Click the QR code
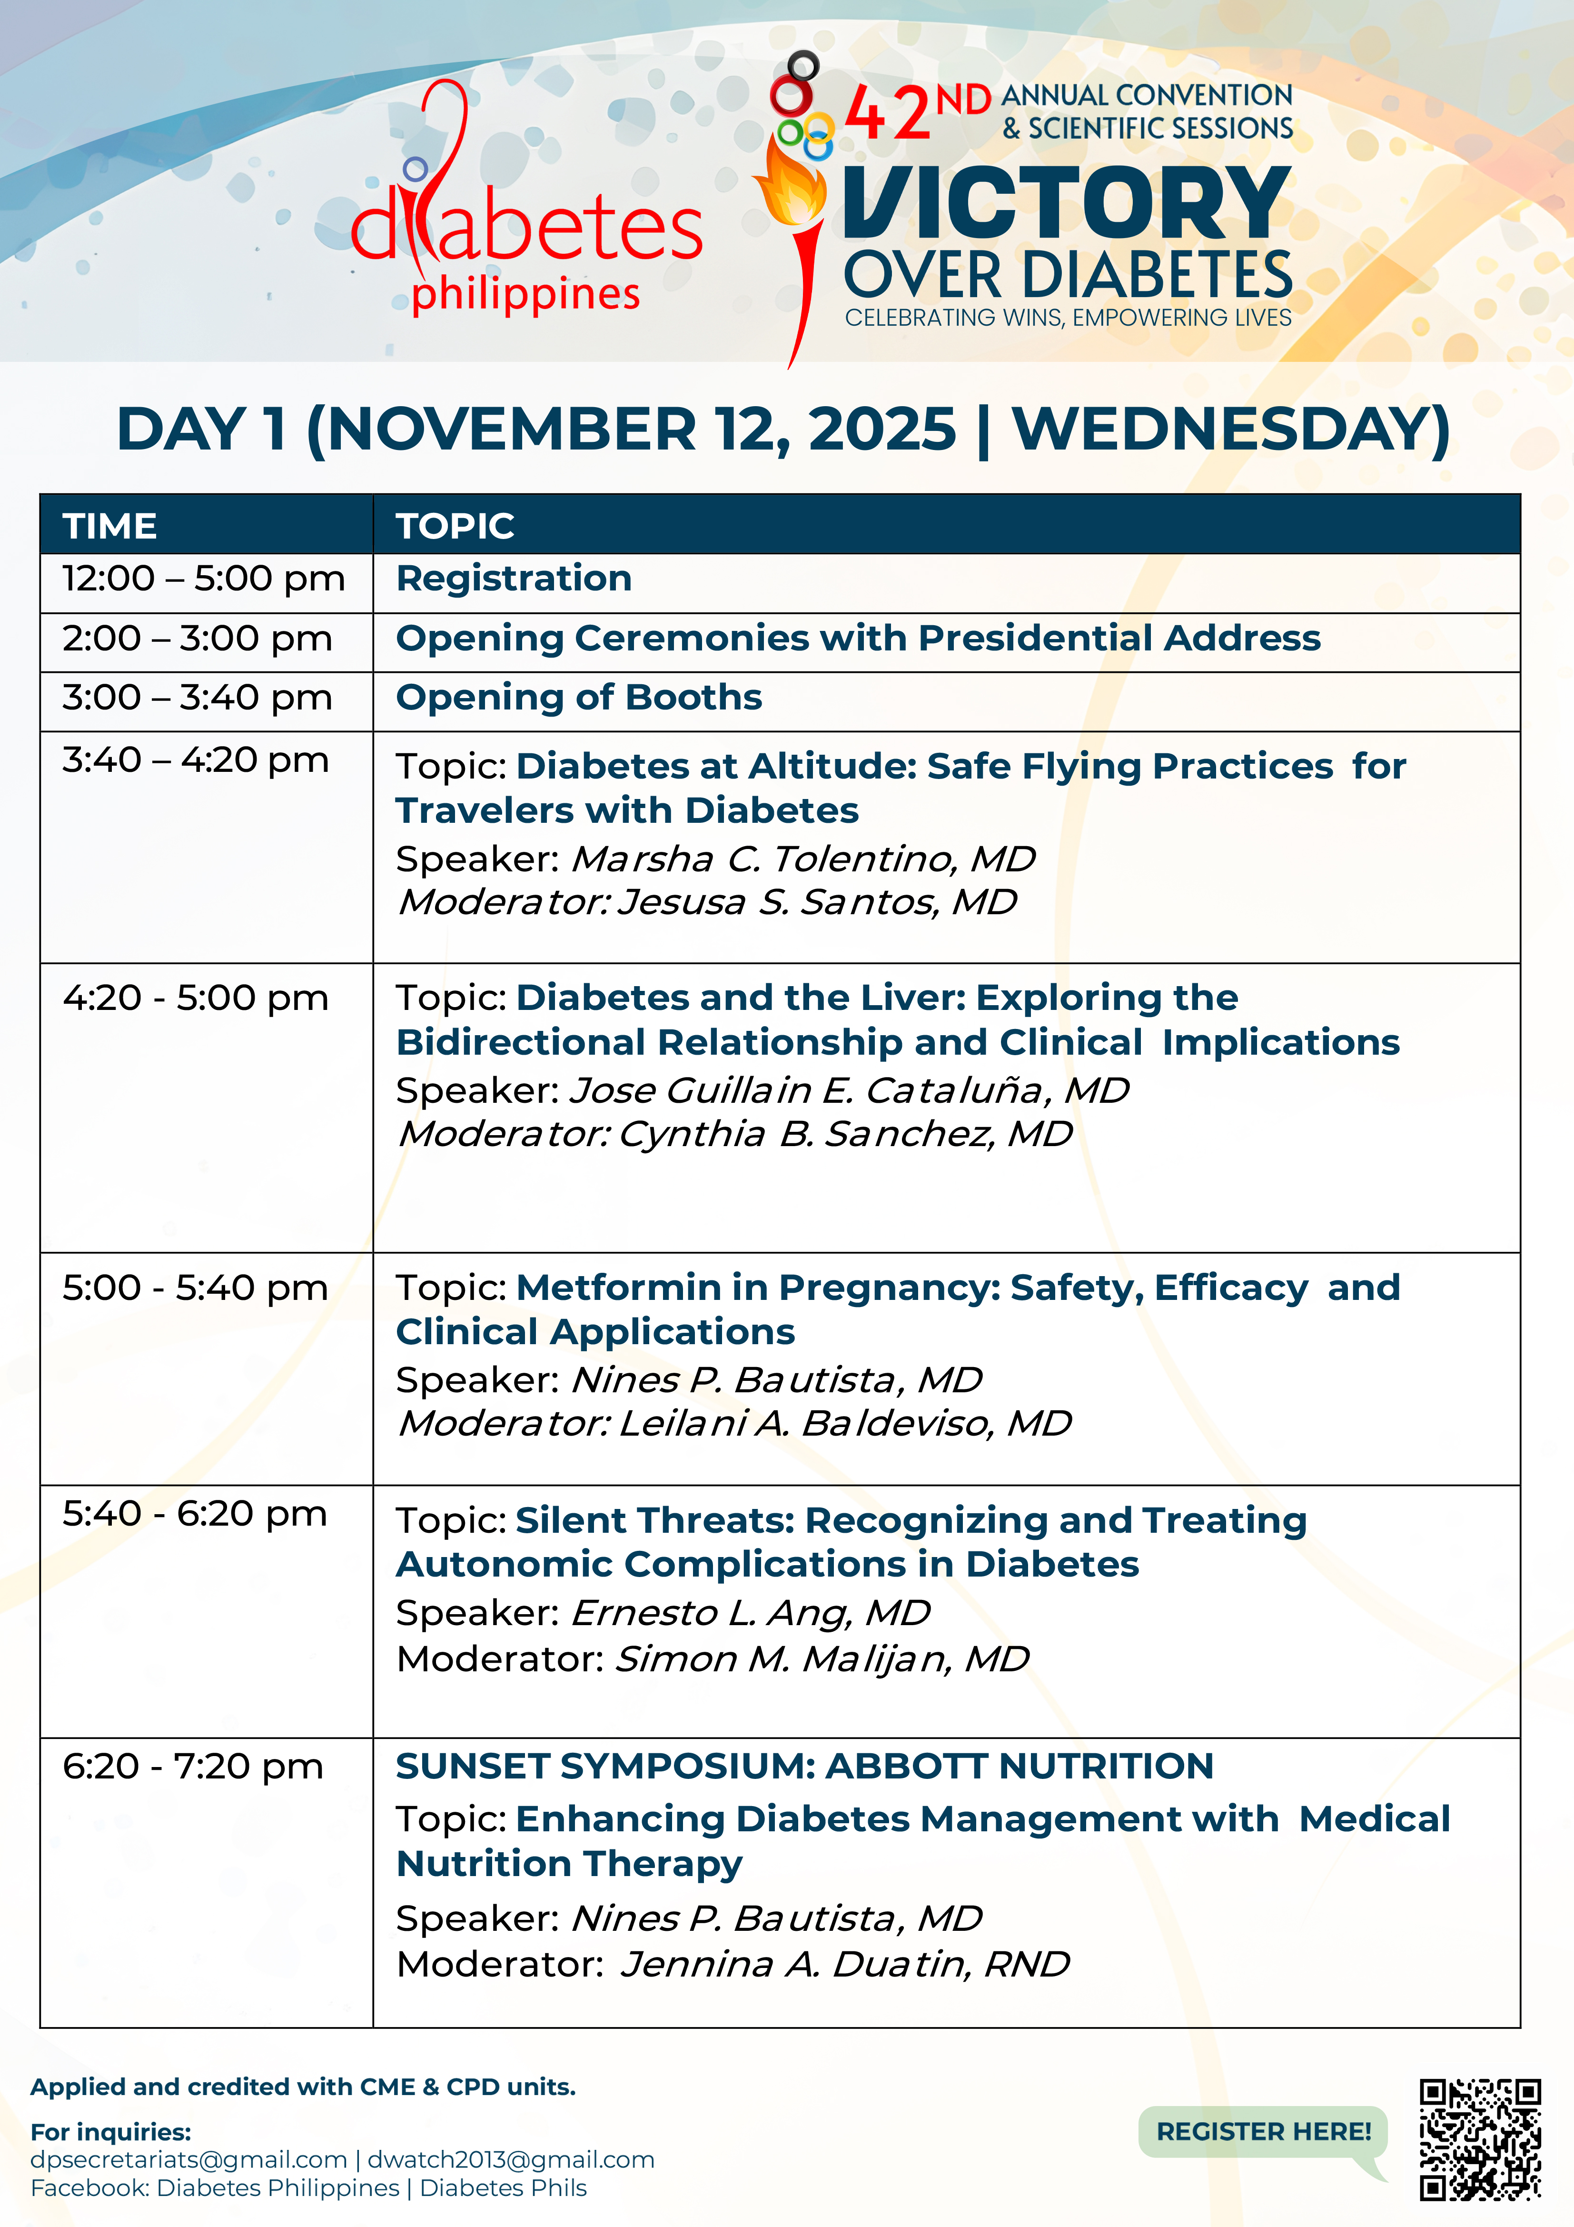(x=1480, y=2139)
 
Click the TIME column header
(x=109, y=526)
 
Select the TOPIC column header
(x=455, y=526)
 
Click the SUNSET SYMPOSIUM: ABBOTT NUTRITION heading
(x=804, y=1766)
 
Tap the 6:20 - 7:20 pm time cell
(x=193, y=1766)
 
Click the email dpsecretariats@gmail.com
(x=189, y=2159)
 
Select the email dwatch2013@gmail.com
(x=511, y=2159)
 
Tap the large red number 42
(x=887, y=113)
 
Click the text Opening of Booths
(x=579, y=698)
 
